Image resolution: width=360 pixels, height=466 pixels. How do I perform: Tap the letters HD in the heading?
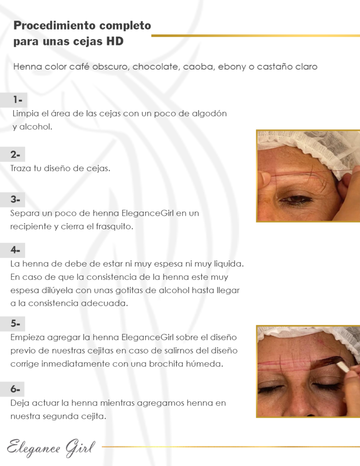coord(115,41)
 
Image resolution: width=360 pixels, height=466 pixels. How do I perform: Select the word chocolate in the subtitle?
coord(156,66)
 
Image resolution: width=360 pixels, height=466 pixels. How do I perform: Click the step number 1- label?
coord(17,100)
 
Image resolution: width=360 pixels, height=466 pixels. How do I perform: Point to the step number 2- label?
coord(15,154)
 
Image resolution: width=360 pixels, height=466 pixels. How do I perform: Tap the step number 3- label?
coord(15,199)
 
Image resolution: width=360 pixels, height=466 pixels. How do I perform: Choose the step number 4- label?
coord(15,250)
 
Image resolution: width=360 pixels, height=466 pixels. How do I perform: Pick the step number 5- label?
coord(15,324)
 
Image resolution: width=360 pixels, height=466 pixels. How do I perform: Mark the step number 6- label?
coord(15,389)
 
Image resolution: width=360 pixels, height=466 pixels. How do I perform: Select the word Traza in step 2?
coord(20,168)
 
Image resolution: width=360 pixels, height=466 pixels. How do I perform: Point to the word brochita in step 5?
coord(166,364)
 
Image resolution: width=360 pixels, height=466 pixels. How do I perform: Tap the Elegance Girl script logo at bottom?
coord(51,448)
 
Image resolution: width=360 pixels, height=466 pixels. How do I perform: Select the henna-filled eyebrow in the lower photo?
coord(324,362)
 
